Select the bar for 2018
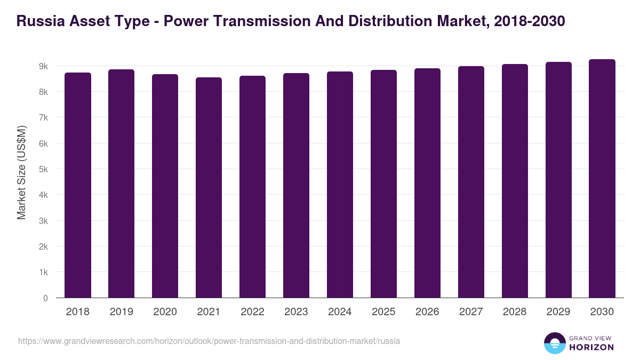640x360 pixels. (78, 185)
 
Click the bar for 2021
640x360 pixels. (209, 188)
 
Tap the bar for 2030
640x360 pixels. (602, 179)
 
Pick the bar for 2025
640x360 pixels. (383, 184)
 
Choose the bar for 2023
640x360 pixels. (296, 186)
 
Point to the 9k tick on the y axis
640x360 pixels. (43, 66)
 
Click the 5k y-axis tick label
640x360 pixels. (43, 170)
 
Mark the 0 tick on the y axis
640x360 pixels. (45, 298)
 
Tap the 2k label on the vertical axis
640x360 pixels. (43, 247)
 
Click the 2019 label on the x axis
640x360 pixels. (121, 312)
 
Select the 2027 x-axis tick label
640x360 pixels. (471, 312)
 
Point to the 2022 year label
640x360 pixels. (252, 312)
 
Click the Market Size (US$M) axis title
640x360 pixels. (21, 172)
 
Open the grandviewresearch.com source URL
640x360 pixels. (209, 341)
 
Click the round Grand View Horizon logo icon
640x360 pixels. (554, 343)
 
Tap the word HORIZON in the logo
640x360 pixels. (591, 347)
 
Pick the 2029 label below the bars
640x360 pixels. (558, 312)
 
